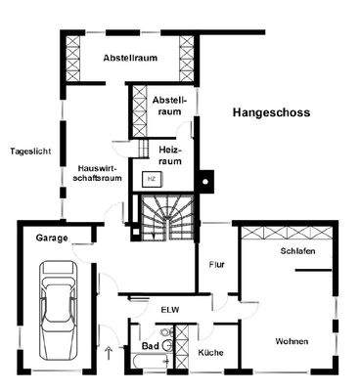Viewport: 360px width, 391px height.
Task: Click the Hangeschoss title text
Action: (x=271, y=113)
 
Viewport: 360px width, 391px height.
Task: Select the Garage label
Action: (x=51, y=238)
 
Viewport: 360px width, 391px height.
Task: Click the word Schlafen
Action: (x=296, y=251)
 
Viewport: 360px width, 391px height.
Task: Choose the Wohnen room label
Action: (x=292, y=341)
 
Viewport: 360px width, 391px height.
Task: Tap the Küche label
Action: (x=211, y=352)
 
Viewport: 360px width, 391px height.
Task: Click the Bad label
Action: (x=150, y=347)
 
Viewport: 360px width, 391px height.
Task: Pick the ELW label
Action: (x=171, y=310)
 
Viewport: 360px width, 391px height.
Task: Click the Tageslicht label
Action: (x=29, y=152)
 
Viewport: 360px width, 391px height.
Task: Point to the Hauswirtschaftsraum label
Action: (x=97, y=174)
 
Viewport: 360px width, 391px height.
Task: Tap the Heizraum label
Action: (x=171, y=155)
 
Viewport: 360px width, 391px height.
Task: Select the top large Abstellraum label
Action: (x=131, y=59)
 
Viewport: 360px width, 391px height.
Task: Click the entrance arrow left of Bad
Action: (x=109, y=350)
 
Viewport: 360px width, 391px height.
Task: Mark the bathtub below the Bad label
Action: (x=148, y=365)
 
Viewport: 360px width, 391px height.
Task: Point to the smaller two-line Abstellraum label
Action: (x=168, y=106)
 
